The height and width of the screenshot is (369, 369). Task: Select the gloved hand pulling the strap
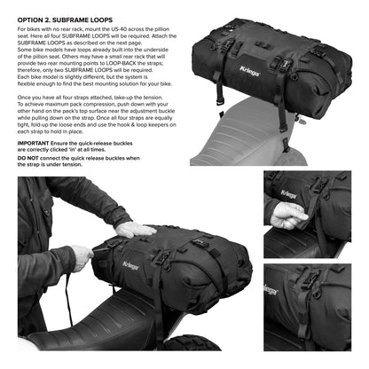82,259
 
